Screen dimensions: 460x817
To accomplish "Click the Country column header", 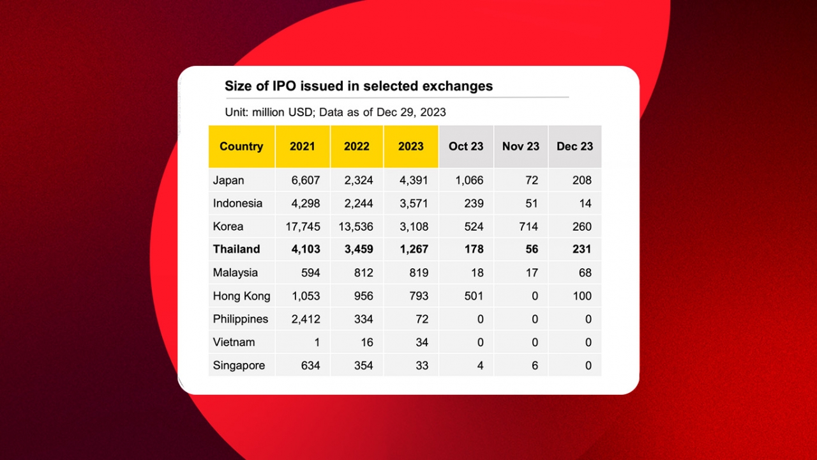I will (241, 146).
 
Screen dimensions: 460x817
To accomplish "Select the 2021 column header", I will (303, 146).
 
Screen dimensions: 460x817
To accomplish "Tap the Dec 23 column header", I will (574, 146).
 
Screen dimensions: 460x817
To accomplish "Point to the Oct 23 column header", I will (466, 146).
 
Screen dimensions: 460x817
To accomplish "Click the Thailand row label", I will (236, 249).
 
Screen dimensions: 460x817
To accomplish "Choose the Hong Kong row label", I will (241, 296).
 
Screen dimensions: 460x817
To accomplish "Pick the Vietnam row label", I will (234, 342).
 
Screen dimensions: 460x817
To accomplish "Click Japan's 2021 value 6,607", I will (306, 180).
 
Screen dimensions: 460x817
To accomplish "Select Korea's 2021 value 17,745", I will (303, 226).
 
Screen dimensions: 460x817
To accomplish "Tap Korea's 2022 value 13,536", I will (356, 226).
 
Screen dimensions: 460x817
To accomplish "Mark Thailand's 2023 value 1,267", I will (414, 249).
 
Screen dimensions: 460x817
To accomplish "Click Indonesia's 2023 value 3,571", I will (414, 203).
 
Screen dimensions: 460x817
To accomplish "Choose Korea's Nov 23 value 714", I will (528, 226).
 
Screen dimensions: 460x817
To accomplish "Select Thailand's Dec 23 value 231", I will (581, 249).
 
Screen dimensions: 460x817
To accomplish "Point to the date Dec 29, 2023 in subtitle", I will (411, 112).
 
